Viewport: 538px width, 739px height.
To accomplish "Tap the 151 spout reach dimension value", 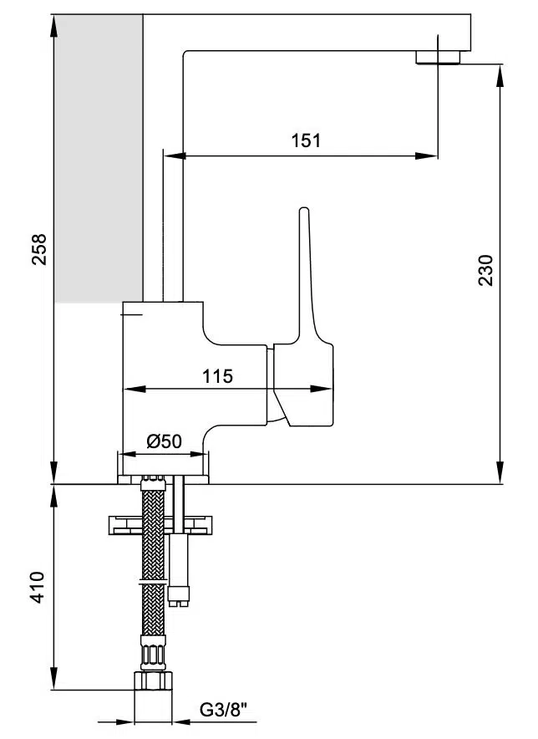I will [306, 140].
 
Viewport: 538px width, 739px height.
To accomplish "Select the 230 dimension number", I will [486, 270].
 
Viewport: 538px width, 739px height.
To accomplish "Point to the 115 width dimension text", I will [217, 375].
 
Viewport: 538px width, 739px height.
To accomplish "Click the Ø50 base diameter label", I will [164, 441].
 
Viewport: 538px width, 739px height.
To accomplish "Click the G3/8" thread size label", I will [225, 711].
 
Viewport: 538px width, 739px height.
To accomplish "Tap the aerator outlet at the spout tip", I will [438, 57].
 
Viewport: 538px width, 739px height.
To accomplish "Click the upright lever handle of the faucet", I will [309, 276].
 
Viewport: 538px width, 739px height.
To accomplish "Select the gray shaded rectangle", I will [99, 159].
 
